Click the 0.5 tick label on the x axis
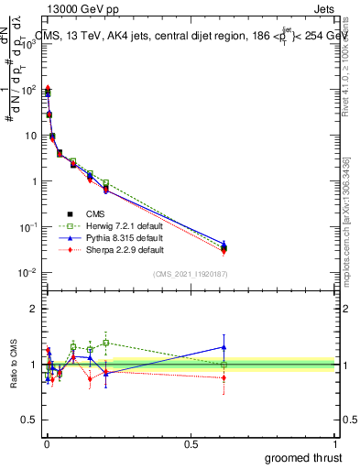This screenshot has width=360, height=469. pos(191,443)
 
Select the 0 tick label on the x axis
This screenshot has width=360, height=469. pos(46,443)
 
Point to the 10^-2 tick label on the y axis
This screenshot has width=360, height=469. pos(27,272)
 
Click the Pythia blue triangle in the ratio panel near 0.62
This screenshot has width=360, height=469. pos(224,347)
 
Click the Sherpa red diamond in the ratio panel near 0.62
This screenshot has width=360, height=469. pos(224,377)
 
